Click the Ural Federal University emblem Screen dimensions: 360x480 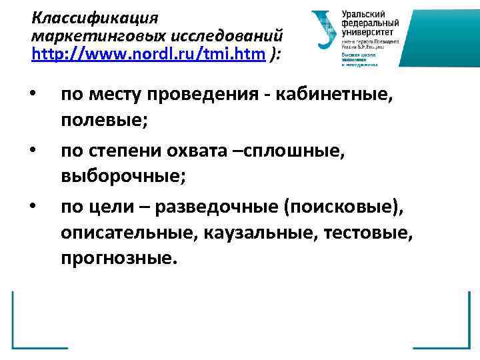324,30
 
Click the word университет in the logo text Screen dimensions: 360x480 367,31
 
